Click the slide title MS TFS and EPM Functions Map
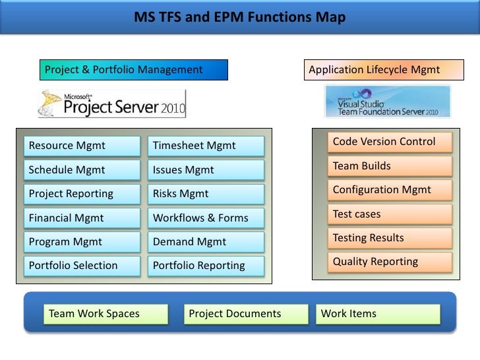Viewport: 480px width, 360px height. (240, 17)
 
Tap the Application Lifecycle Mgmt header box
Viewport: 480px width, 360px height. (384, 70)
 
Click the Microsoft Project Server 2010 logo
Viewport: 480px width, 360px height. (111, 104)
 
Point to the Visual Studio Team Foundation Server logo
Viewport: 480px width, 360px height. (388, 102)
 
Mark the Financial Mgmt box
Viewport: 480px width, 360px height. (82, 218)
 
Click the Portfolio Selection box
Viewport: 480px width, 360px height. (82, 266)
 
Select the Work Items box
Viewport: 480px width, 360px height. (378, 314)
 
